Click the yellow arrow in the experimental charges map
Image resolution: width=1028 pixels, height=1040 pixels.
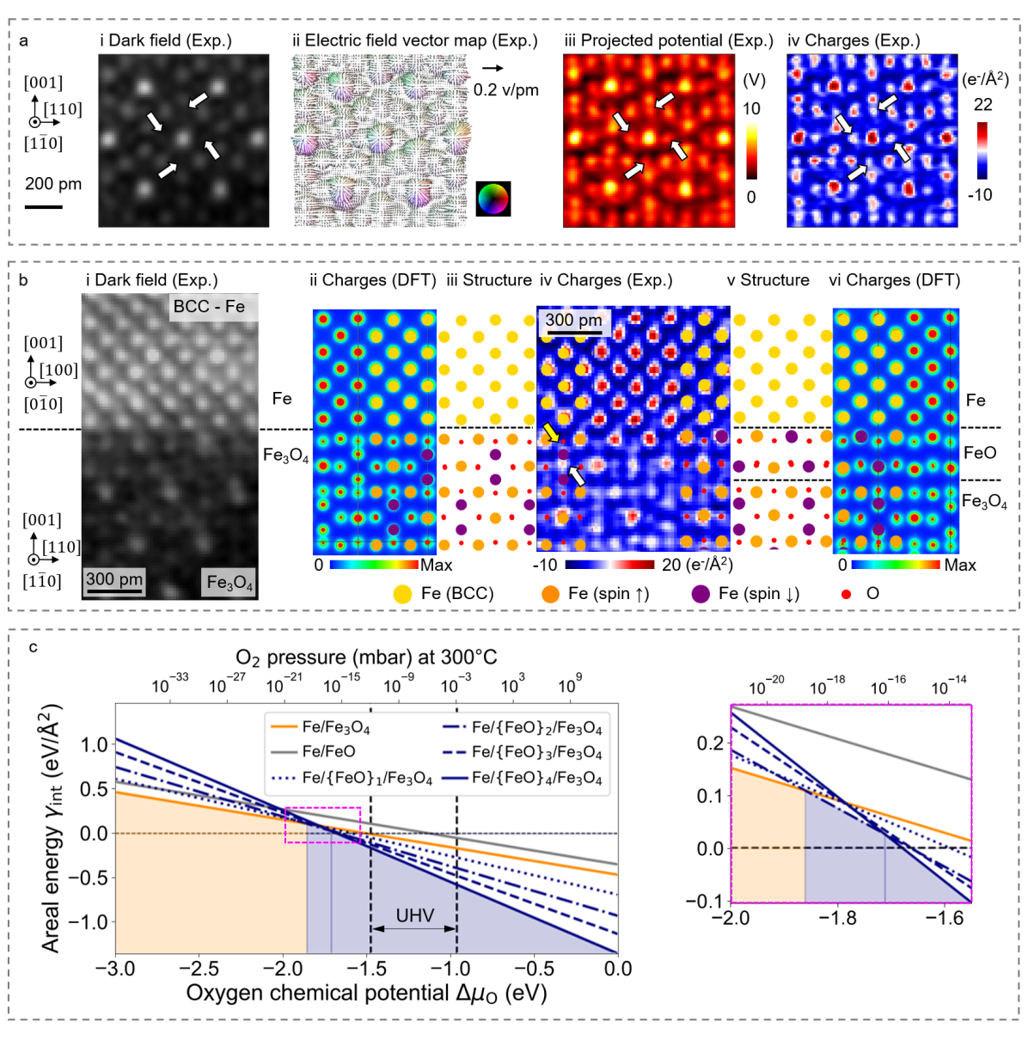(550, 431)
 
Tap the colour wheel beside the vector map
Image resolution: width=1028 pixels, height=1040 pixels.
(493, 199)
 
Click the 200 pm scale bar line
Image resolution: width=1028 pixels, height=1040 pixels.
(43, 207)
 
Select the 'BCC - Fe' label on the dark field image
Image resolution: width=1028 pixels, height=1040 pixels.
(209, 307)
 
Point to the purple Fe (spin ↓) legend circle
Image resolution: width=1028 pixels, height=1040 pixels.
(701, 594)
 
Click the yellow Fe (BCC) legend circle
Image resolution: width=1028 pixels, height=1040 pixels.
(402, 594)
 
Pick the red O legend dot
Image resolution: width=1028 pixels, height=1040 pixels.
(847, 594)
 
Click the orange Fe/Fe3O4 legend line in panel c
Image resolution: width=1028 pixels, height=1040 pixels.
(285, 727)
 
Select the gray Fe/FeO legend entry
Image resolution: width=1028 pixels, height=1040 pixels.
(285, 752)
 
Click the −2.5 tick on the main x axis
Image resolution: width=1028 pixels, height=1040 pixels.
(199, 969)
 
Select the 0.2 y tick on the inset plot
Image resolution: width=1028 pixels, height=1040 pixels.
(710, 743)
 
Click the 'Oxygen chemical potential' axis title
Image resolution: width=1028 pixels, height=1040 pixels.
(366, 994)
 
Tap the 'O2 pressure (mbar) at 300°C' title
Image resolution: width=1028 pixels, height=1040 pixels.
(366, 658)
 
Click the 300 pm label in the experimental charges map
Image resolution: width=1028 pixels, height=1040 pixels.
(574, 321)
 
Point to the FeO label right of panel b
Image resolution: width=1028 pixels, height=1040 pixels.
(980, 453)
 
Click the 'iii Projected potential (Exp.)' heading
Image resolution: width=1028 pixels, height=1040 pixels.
(669, 40)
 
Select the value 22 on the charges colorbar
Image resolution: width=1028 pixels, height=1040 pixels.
(982, 105)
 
